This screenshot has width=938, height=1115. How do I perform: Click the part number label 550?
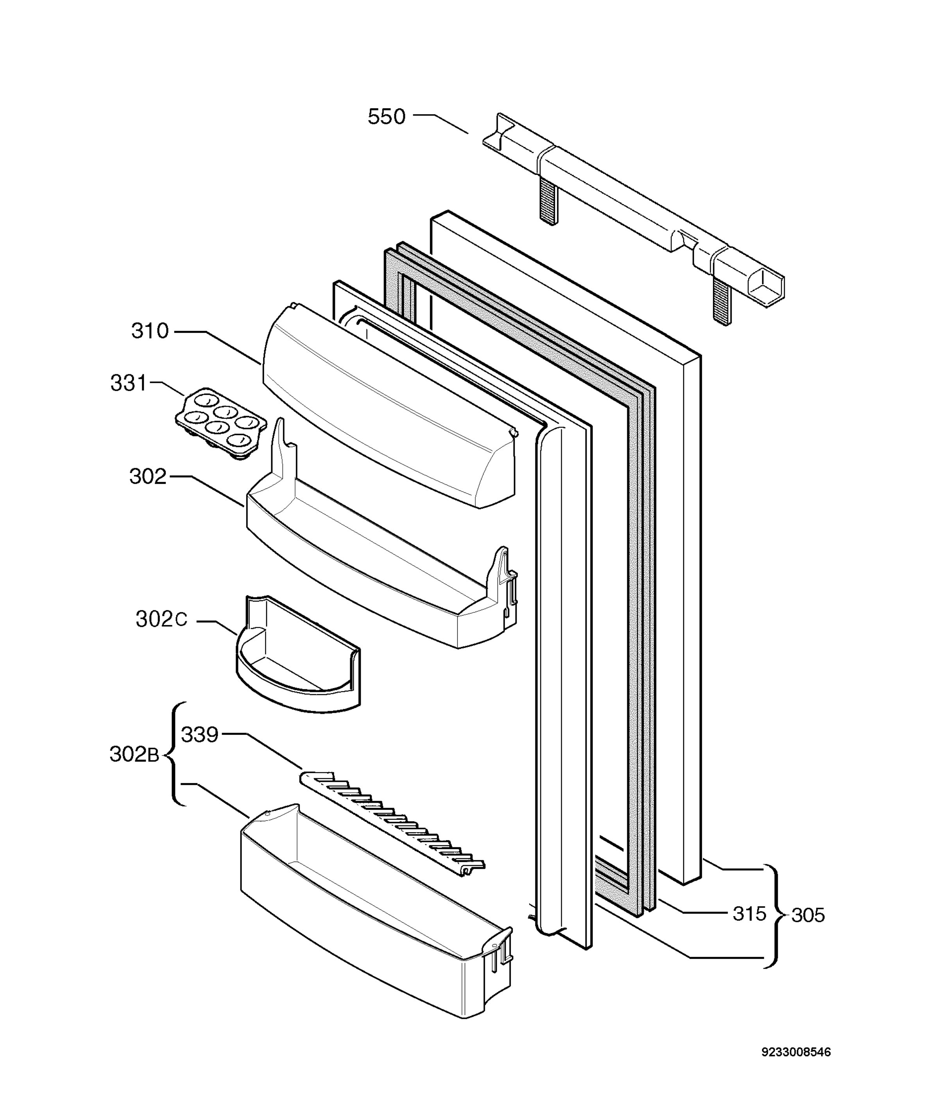pos(387,117)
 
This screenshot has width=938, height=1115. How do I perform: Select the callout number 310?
pos(150,331)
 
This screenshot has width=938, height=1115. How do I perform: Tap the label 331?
pos(128,383)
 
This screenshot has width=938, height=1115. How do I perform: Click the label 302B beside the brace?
pos(134,754)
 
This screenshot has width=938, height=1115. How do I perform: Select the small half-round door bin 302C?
pos(298,654)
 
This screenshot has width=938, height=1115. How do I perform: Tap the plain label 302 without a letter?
pos(148,476)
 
